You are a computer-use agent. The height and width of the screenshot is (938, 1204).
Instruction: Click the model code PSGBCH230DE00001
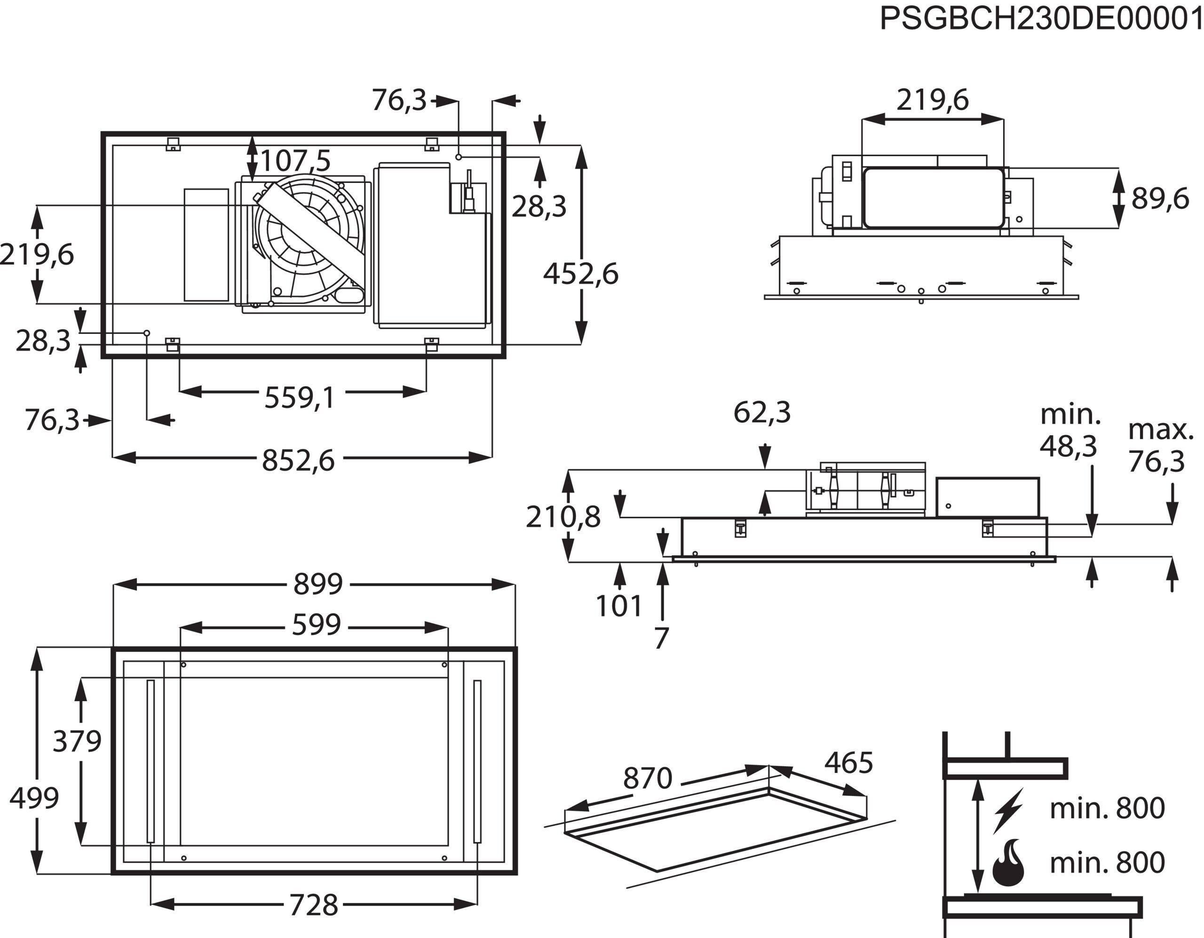pos(1041,20)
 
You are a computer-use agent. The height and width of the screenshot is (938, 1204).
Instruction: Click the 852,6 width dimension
pos(298,460)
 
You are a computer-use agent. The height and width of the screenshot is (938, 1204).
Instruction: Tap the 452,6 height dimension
pos(580,274)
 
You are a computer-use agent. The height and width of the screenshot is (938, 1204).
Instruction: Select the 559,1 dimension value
pos(299,397)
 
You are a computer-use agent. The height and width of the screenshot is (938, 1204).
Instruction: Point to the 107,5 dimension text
pos(295,161)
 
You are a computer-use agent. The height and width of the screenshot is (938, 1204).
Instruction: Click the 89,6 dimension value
pos(1160,198)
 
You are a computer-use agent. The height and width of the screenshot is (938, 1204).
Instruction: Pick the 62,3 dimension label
pos(762,412)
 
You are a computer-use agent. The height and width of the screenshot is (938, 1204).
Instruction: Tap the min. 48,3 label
pos(1069,431)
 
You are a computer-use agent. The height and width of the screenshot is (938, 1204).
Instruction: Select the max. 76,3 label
pos(1160,445)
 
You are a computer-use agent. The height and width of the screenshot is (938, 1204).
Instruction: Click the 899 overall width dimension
pos(318,583)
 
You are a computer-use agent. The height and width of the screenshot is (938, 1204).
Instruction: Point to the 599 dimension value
pos(317,624)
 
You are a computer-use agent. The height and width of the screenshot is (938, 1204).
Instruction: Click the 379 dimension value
pos(77,741)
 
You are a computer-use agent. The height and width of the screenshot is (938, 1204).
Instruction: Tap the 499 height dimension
pos(34,798)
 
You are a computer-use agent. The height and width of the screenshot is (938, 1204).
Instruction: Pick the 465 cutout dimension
pos(848,763)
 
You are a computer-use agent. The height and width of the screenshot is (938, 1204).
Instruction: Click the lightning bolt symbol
pos(1009,810)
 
